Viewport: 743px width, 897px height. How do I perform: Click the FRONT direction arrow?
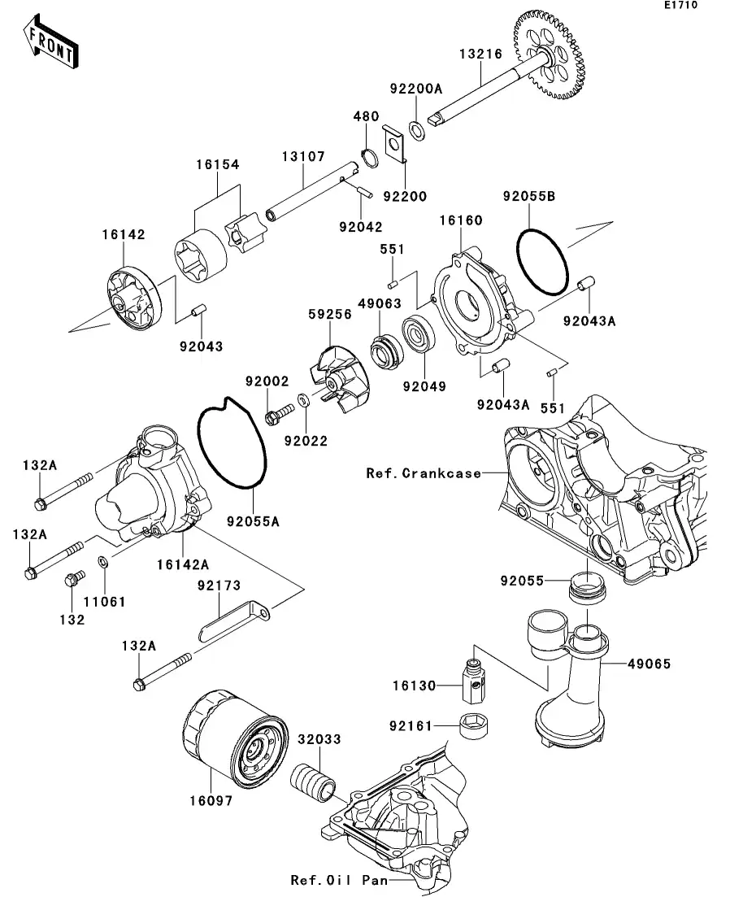pos(51,42)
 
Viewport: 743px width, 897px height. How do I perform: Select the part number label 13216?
pos(480,54)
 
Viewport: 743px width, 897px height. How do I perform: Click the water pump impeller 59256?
pos(337,377)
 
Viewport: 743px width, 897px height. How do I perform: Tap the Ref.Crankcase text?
pos(424,472)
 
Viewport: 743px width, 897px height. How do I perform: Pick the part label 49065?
pos(649,664)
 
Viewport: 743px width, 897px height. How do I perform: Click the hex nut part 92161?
pos(473,724)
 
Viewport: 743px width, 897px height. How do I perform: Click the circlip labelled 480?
pos(367,157)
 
